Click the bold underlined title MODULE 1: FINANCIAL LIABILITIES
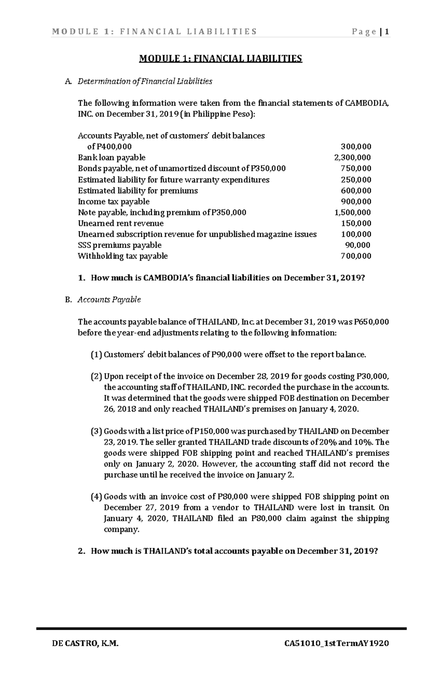220,59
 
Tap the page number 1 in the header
387,32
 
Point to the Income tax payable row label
114,202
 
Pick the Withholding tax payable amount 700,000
356,256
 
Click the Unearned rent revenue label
121,223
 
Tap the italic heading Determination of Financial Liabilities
145,82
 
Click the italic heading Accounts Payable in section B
109,300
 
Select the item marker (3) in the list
96,431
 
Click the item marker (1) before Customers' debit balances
96,355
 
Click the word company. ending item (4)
122,530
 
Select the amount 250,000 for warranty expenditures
356,180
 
